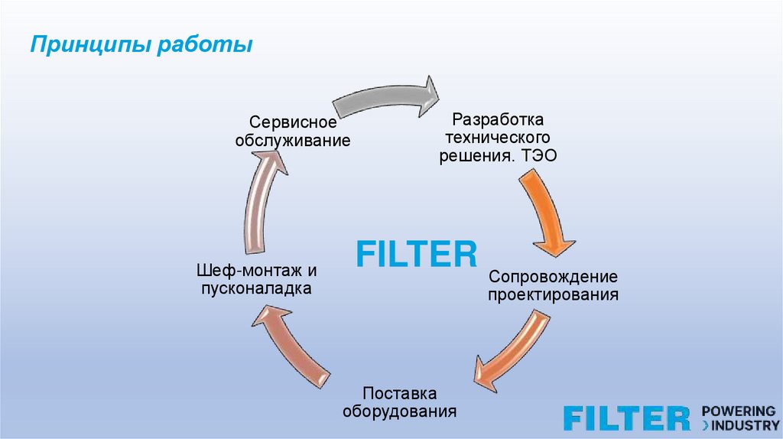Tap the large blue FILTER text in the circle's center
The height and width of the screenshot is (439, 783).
coord(417,254)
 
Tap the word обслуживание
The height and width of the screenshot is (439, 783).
coord(294,141)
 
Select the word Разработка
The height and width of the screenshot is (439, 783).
coord(497,120)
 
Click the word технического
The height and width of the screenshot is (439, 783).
coord(497,138)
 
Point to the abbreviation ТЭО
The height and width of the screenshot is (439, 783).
coord(539,156)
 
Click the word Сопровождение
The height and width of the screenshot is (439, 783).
coord(553,276)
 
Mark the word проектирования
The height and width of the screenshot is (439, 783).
coord(553,294)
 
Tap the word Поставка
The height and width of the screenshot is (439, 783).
coord(400,394)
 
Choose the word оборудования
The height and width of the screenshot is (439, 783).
coord(400,411)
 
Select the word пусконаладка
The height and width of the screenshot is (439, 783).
coord(256,289)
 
